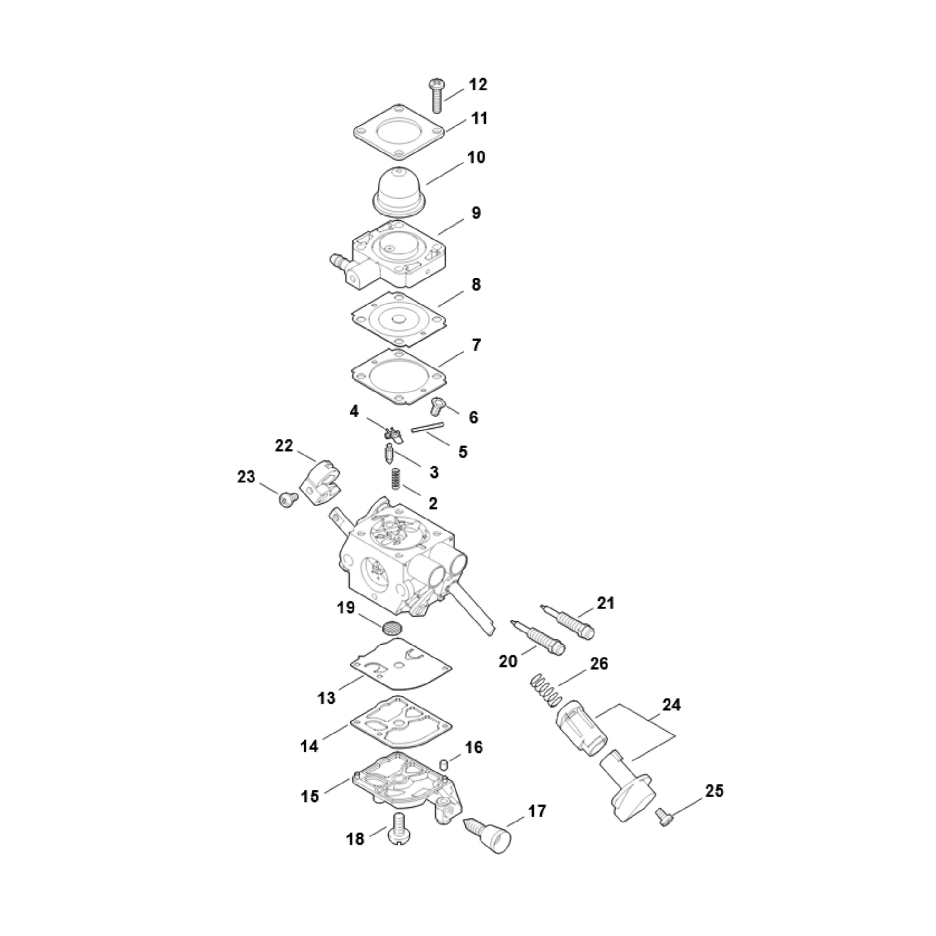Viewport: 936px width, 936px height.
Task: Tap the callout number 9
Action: [476, 213]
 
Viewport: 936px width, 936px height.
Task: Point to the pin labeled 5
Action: [427, 427]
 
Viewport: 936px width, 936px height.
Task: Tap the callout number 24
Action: [671, 705]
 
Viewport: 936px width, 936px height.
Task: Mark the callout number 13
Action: [326, 697]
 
